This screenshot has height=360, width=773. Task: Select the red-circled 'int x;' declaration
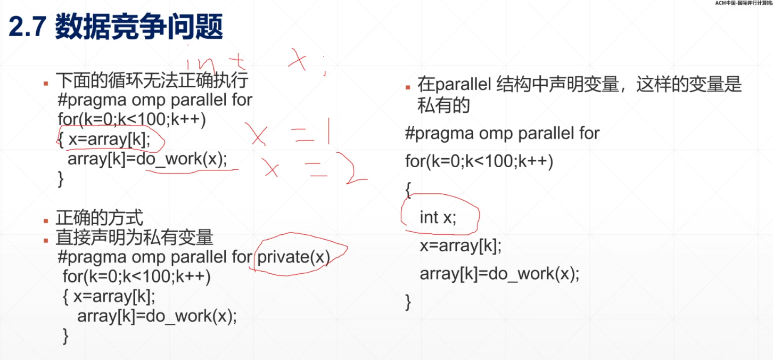438,217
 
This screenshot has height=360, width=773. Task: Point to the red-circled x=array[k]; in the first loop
110,140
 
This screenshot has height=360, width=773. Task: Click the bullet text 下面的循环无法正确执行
152,81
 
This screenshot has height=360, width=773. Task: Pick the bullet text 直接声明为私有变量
134,237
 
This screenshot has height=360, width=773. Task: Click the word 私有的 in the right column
443,105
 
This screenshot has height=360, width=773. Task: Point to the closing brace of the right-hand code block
408,302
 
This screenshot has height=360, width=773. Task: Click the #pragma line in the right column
502,133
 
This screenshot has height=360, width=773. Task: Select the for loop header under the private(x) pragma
136,277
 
